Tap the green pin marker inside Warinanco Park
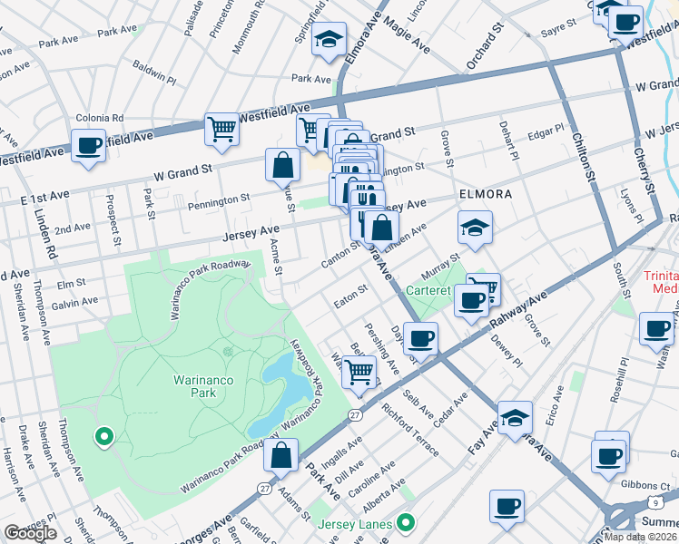pyautogui.click(x=103, y=437)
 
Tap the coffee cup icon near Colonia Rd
pyautogui.click(x=89, y=145)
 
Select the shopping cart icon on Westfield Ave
pyautogui.click(x=221, y=129)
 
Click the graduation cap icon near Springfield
pyautogui.click(x=329, y=40)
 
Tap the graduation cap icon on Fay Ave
pyautogui.click(x=515, y=417)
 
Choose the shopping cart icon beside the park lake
pyautogui.click(x=360, y=370)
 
